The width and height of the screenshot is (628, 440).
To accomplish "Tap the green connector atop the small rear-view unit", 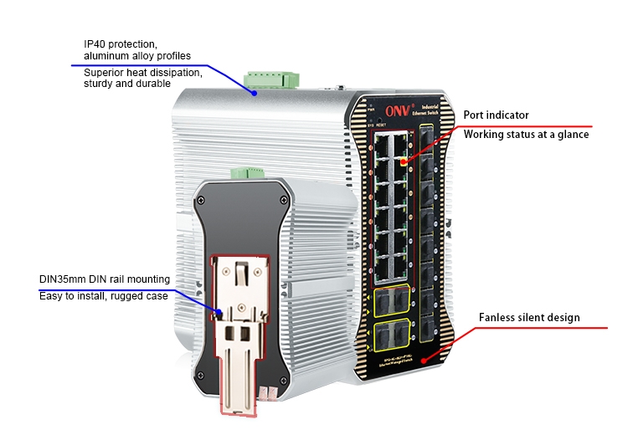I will click(x=249, y=173).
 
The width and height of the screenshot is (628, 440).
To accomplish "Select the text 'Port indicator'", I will click(x=497, y=115).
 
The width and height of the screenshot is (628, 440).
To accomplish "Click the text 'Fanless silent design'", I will click(x=529, y=318).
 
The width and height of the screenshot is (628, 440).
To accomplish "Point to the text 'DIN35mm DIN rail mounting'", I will click(x=105, y=279).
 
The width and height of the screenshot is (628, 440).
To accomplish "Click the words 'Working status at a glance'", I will click(x=526, y=134).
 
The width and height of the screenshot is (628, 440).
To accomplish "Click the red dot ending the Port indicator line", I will click(x=405, y=160).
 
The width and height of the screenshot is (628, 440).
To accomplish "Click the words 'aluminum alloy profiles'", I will click(x=137, y=56).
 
